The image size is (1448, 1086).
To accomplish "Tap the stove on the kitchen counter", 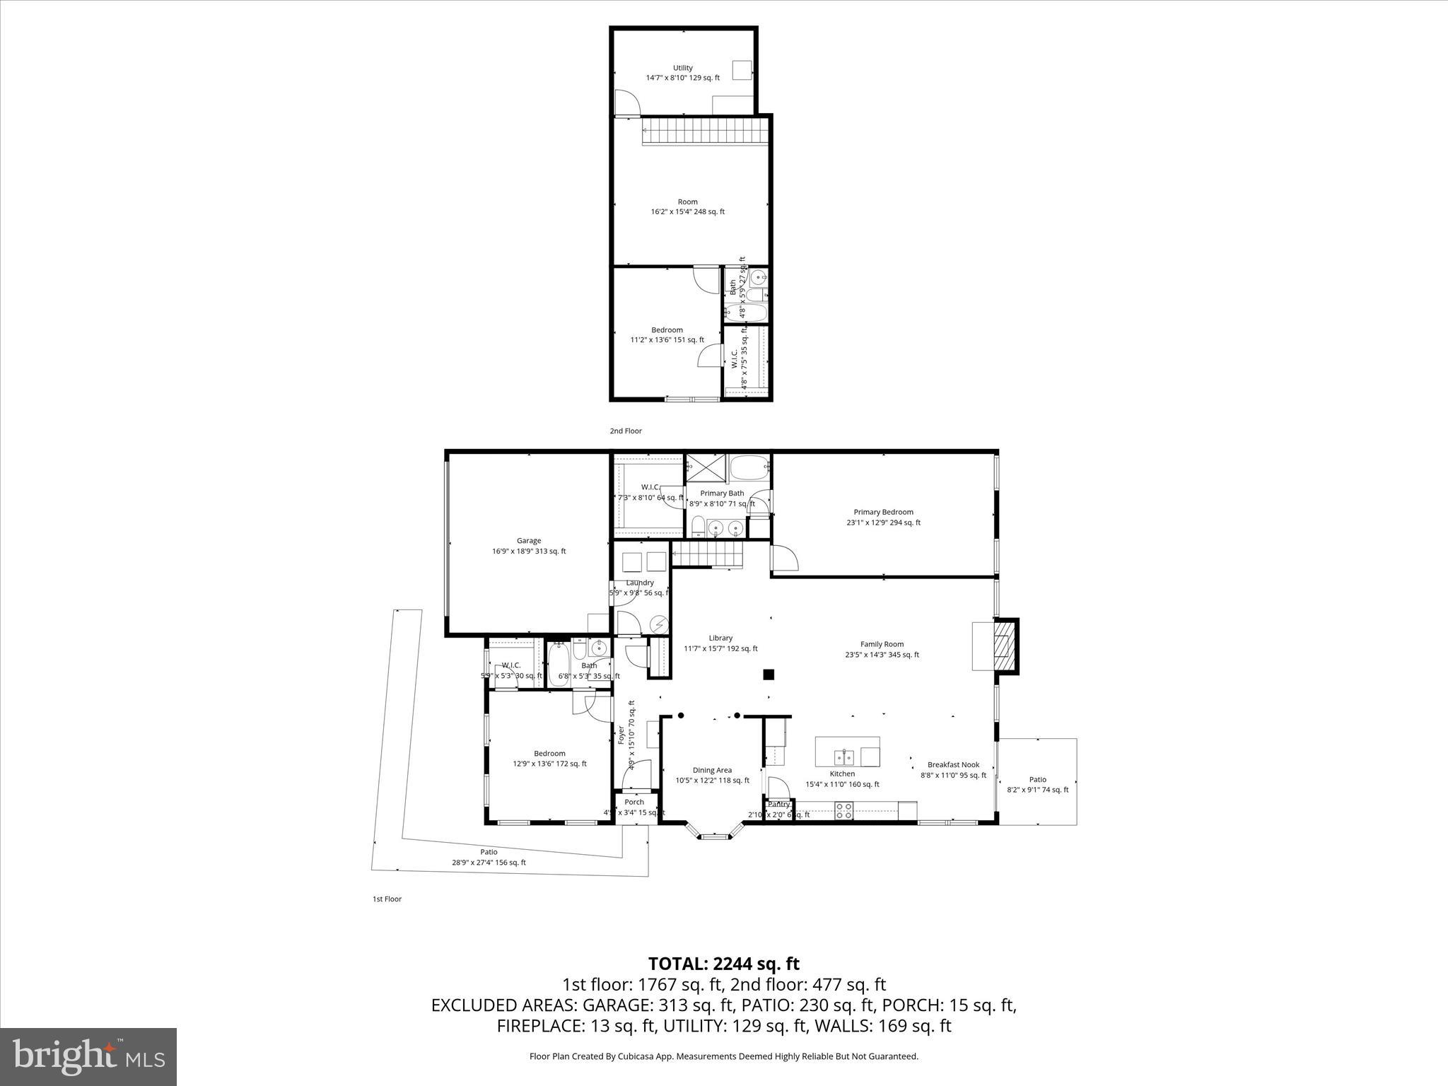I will tap(843, 810).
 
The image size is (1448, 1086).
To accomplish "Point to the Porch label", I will tap(634, 802).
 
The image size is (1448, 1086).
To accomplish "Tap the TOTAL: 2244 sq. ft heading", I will tap(723, 964).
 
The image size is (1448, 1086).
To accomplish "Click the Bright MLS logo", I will tap(88, 1056).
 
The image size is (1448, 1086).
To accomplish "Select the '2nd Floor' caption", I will tap(626, 431).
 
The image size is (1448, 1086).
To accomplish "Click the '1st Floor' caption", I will tap(387, 899).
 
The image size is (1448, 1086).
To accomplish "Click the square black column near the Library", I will tap(769, 675).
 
